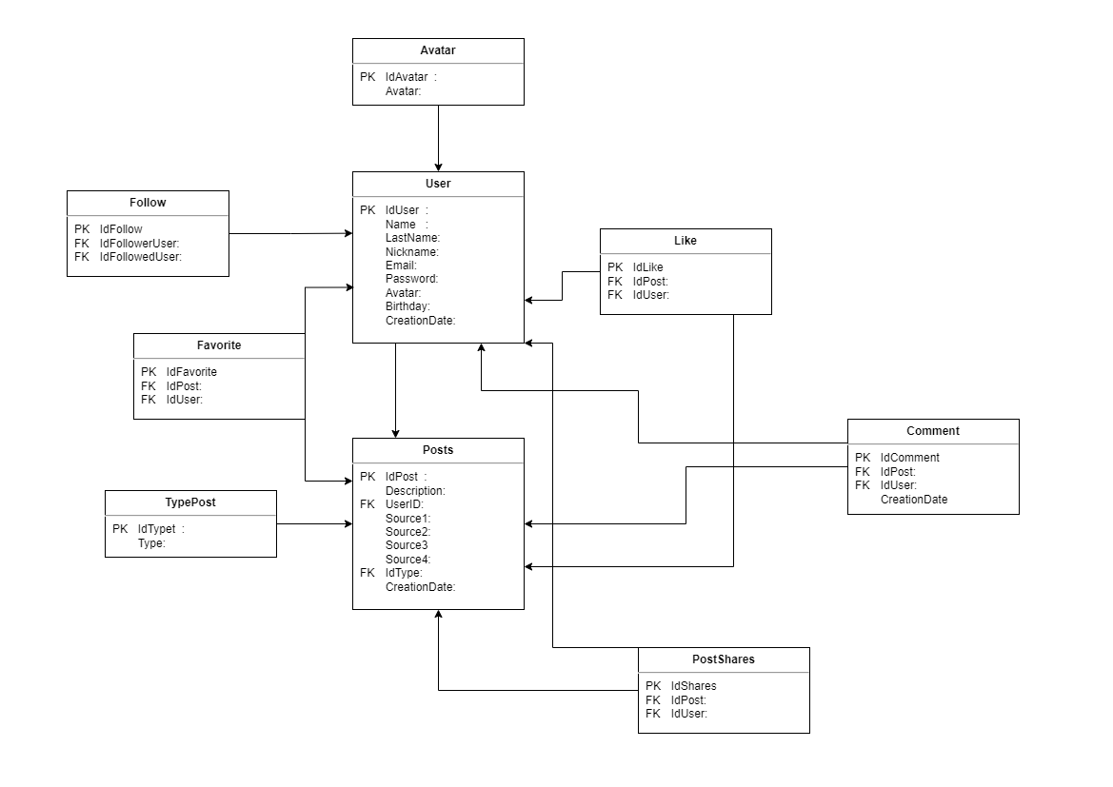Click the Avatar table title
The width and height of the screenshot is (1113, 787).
coord(438,50)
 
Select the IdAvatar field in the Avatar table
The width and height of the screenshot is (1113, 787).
coord(407,77)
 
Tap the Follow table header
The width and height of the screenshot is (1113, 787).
coord(148,203)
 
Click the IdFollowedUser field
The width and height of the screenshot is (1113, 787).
coord(140,257)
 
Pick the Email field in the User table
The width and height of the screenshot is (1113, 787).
coord(401,266)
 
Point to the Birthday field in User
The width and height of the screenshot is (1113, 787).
coord(407,306)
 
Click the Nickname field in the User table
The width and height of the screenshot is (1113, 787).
coord(411,252)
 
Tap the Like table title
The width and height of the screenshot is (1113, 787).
coord(685,241)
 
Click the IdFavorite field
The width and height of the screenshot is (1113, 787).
coord(191,372)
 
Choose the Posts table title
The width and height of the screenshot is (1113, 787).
coord(438,450)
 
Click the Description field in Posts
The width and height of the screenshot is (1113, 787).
coord(415,490)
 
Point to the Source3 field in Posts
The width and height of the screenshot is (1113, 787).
coord(407,545)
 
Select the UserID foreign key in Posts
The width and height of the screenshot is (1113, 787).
coord(404,504)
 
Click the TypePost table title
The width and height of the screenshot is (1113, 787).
coord(190,502)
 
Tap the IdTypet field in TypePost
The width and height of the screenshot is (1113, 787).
coord(157,529)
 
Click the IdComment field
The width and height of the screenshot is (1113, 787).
coord(909,458)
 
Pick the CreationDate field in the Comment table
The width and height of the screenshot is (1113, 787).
coord(913,499)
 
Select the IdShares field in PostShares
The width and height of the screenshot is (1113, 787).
coord(693,686)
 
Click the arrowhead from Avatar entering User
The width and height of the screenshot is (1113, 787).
coord(438,166)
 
